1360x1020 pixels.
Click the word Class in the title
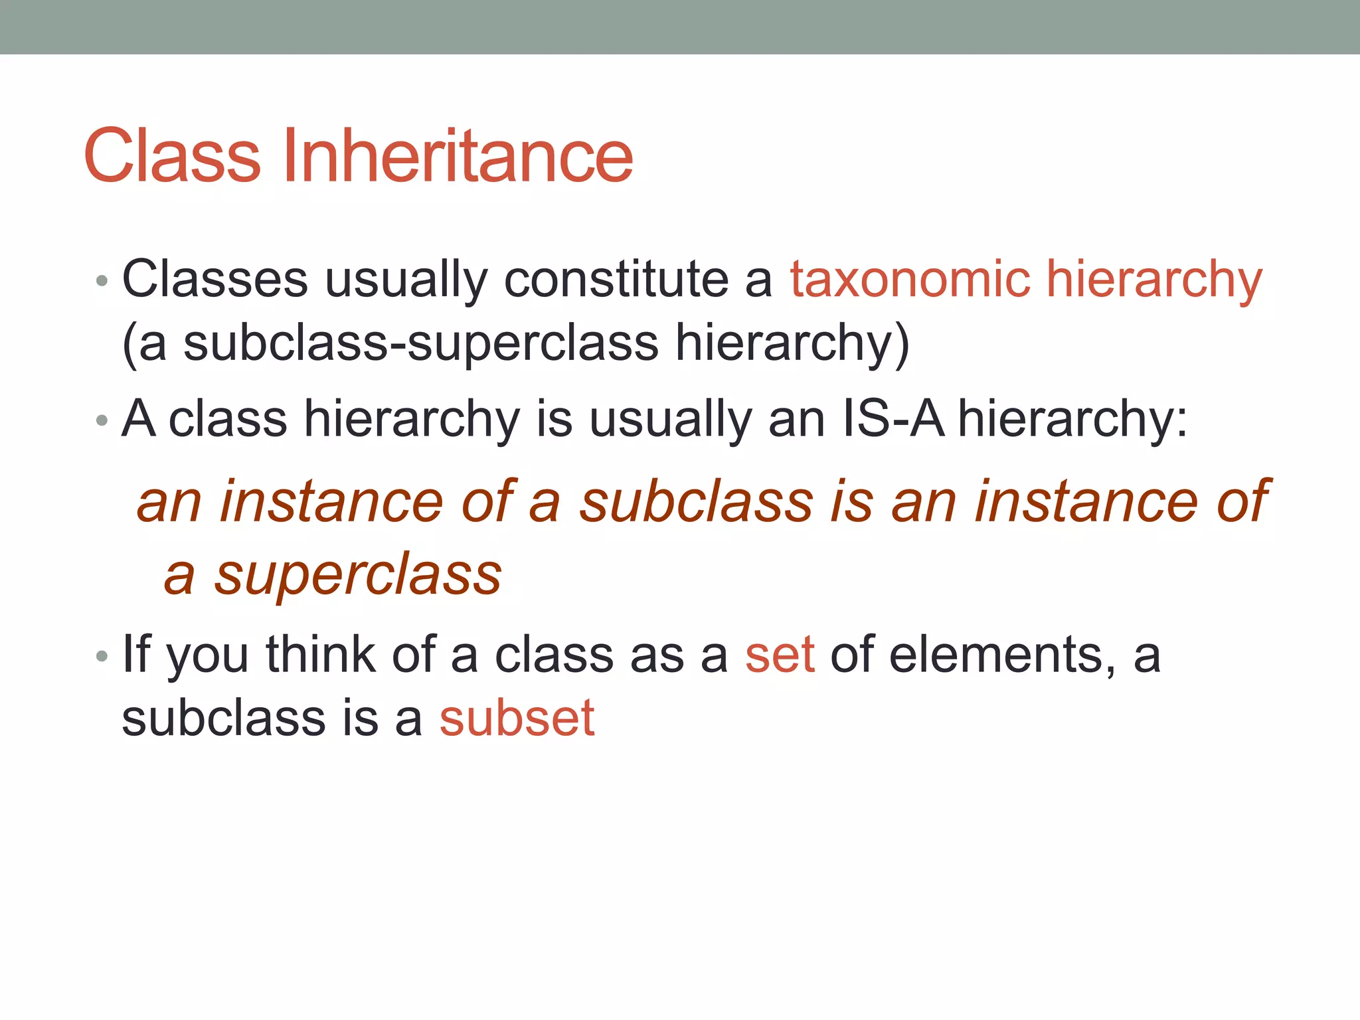172,156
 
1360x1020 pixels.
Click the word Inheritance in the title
458,156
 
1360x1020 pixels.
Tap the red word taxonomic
910,279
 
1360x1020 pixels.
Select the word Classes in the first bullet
215,279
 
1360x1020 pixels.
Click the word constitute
616,279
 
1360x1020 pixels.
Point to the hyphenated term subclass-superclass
420,343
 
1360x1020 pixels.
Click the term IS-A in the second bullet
892,419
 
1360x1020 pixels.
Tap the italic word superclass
358,575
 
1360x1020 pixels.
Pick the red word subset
517,719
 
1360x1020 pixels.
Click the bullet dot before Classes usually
102,281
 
